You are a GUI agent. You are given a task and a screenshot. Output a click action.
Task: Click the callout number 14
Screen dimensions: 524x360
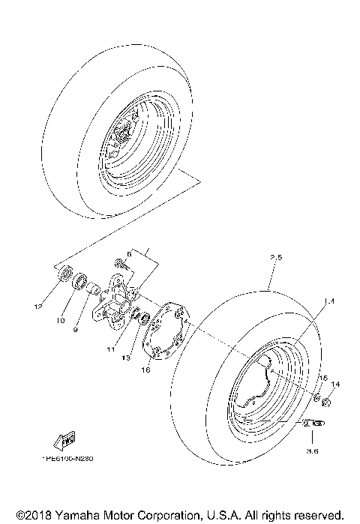coord(335,384)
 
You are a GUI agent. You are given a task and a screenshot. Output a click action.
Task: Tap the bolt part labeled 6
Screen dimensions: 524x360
coord(118,264)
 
